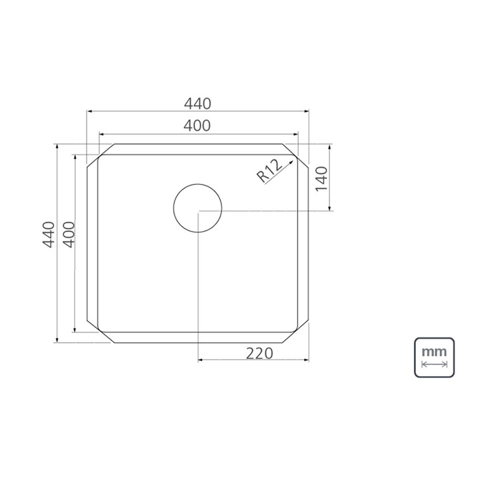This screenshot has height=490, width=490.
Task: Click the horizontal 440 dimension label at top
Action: pyautogui.click(x=197, y=104)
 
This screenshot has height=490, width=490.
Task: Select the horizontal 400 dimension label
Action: pyautogui.click(x=197, y=126)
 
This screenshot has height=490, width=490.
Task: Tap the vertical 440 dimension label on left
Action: pyautogui.click(x=48, y=235)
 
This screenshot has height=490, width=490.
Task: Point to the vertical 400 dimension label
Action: pyautogui.click(x=69, y=235)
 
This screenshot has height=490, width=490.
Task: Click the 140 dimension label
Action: pyautogui.click(x=321, y=179)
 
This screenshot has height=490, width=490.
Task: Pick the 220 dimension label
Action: pyautogui.click(x=259, y=353)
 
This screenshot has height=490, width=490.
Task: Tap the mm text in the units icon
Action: pyautogui.click(x=434, y=352)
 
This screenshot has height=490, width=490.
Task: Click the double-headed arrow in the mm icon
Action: pyautogui.click(x=434, y=364)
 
